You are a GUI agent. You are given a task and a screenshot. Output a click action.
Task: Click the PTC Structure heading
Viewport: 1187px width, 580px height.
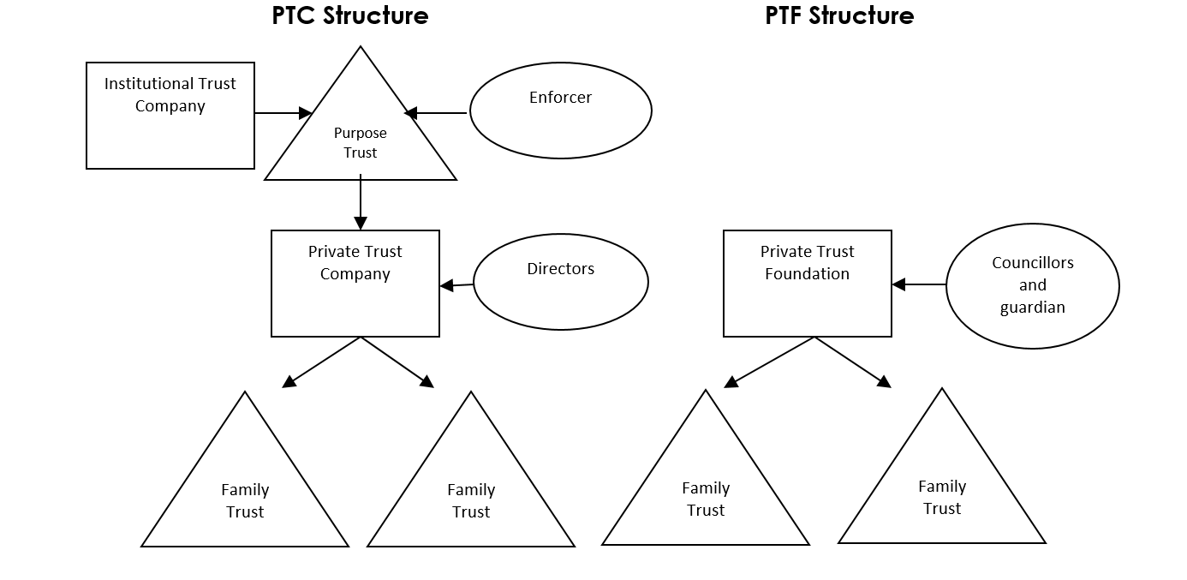click(350, 15)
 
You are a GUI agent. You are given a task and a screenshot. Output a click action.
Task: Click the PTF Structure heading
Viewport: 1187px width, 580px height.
click(839, 15)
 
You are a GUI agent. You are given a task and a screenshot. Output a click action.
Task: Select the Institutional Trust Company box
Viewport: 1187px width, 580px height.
click(170, 115)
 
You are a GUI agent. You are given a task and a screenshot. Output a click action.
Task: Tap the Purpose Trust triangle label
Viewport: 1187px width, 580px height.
click(361, 143)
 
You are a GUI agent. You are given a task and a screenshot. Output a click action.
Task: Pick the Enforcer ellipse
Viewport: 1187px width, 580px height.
click(561, 111)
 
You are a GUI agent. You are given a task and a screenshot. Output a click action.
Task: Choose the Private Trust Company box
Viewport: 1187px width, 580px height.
click(355, 283)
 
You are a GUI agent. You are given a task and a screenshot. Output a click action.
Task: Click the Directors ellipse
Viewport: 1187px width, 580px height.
click(561, 281)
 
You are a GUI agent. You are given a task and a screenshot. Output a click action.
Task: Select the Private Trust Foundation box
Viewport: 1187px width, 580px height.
click(808, 283)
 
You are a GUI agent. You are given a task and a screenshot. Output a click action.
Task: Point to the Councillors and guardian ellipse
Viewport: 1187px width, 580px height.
click(1033, 285)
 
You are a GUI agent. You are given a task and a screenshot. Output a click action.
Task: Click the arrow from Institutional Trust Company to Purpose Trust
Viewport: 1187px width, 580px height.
click(283, 112)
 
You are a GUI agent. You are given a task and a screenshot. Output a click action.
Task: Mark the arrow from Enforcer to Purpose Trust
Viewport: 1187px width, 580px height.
click(436, 112)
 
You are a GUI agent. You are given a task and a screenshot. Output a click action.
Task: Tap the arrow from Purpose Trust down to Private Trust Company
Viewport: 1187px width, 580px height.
click(361, 202)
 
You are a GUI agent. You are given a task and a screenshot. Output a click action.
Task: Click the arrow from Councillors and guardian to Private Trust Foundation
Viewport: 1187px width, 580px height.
click(919, 284)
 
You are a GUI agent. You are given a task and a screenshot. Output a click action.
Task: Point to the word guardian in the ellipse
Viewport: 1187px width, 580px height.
click(1033, 308)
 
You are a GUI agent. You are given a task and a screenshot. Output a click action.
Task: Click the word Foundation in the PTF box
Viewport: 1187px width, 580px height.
click(808, 274)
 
